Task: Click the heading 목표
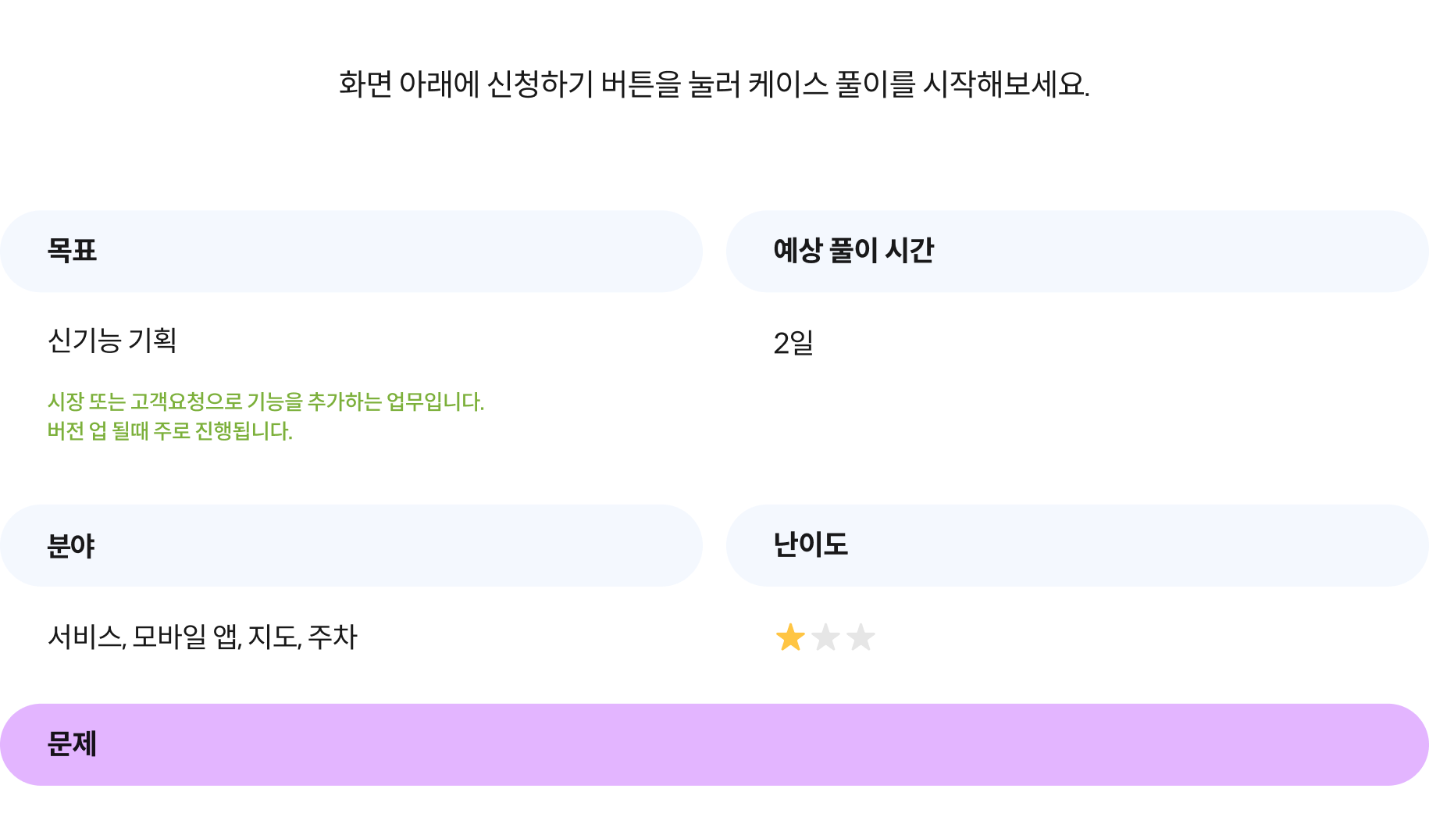72,251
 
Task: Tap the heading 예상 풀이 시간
853,251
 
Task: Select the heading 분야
71,545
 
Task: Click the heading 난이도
811,544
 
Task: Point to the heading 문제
72,744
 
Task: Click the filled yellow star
790,637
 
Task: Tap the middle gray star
825,637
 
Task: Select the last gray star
861,637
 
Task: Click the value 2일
793,343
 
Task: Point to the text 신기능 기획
112,341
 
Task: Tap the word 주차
333,637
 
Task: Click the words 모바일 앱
187,637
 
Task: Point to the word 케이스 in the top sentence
788,84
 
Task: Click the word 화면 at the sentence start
365,84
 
